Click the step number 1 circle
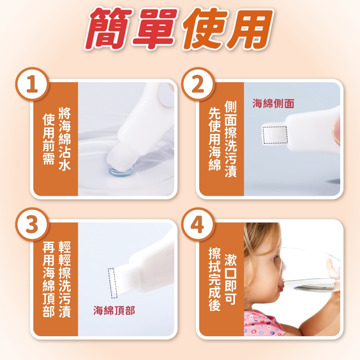32,84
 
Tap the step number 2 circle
198,84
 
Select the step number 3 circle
32,224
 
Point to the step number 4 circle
198,224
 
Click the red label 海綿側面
273,103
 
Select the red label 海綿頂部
114,310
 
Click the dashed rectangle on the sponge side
275,135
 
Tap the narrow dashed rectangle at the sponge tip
113,283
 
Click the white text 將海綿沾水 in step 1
64,139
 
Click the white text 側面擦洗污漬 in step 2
230,139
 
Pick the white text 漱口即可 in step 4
230,279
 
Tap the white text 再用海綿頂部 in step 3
49,279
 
